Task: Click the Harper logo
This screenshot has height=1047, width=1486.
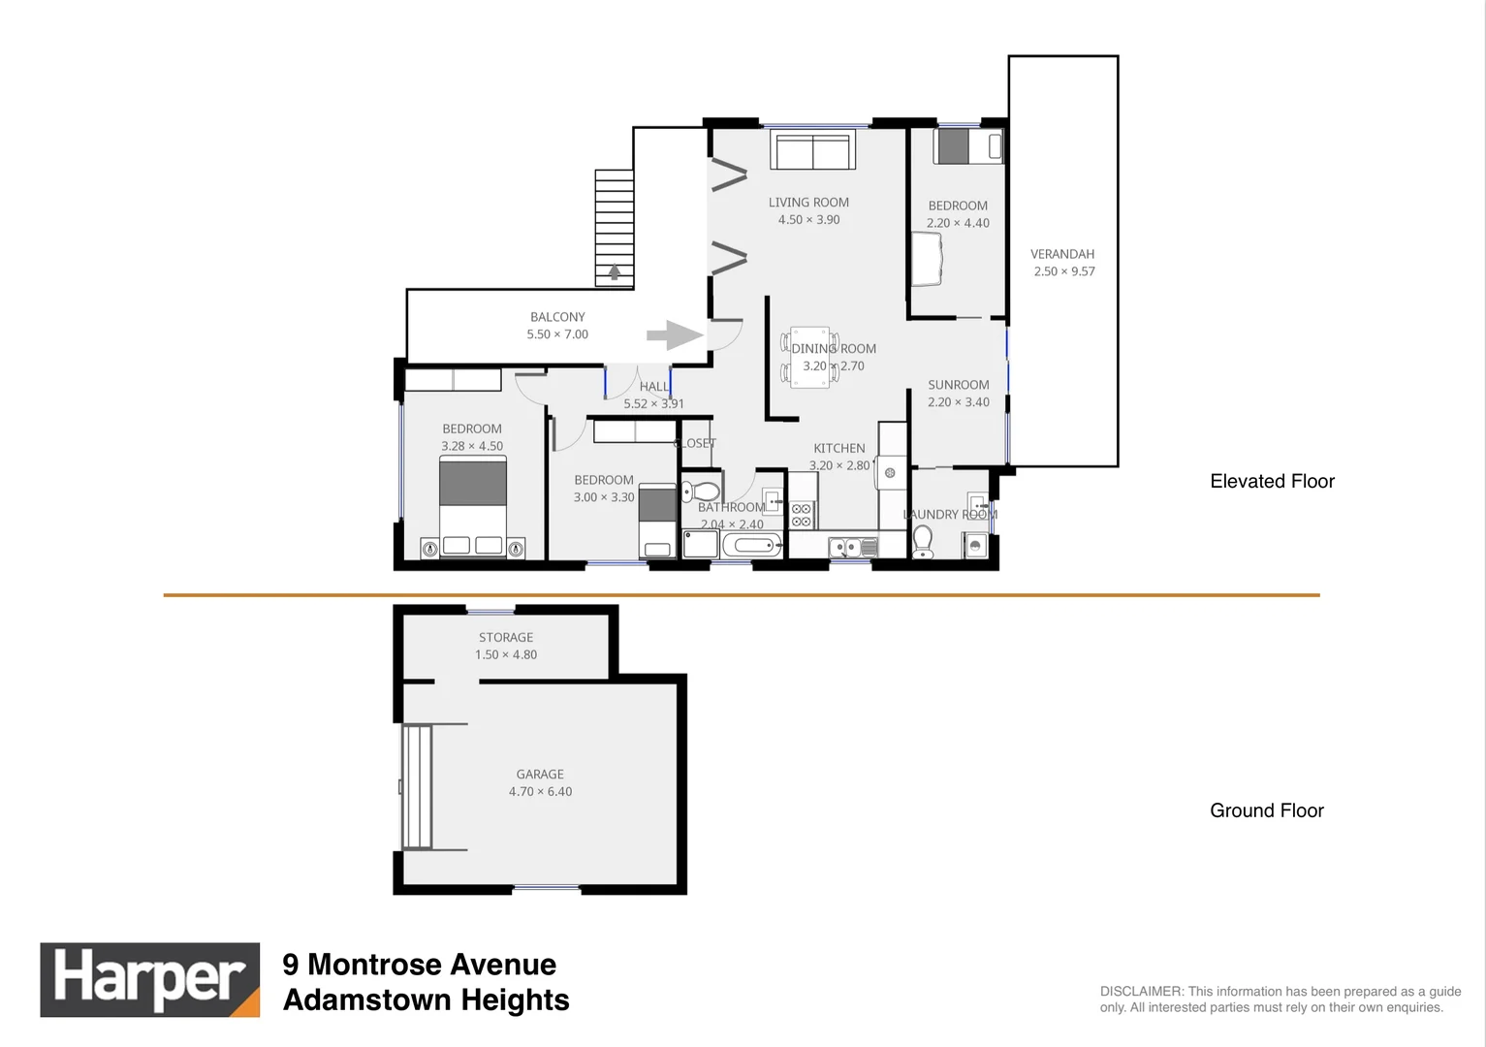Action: [x=149, y=979]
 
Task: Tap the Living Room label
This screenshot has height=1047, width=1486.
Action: [x=808, y=203]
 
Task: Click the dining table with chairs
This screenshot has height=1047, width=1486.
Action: [x=809, y=358]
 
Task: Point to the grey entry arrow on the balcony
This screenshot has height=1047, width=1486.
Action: [x=674, y=335]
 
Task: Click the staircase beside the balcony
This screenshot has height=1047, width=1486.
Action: [x=614, y=228]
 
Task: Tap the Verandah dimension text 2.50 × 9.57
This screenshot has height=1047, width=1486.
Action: [x=1063, y=271]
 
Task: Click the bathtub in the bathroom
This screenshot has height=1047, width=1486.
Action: [x=751, y=545]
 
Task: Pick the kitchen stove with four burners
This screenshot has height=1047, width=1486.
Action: [x=802, y=515]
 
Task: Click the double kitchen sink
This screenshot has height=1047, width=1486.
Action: [x=846, y=548]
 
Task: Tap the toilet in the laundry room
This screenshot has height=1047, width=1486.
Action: [x=923, y=542]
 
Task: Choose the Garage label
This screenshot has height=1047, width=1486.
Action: [x=540, y=775]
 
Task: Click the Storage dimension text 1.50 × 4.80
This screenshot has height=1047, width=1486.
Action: [x=506, y=655]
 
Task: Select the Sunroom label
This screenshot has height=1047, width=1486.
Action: [x=958, y=385]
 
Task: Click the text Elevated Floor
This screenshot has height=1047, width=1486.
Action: [x=1272, y=482]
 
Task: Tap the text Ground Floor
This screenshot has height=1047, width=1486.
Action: [x=1266, y=811]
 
